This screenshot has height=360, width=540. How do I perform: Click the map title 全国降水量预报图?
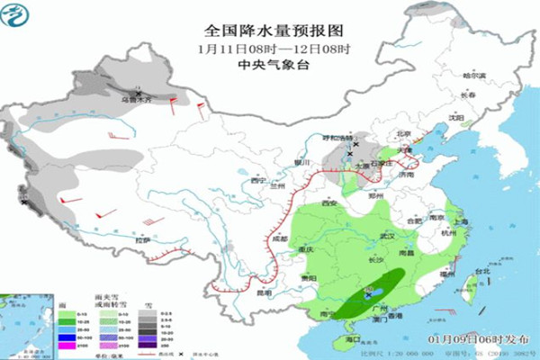coord(270,29)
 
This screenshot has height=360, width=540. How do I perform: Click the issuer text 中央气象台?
coord(270,66)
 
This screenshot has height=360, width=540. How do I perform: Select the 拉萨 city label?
coord(140,240)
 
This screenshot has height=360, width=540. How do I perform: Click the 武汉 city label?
coord(388,236)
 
